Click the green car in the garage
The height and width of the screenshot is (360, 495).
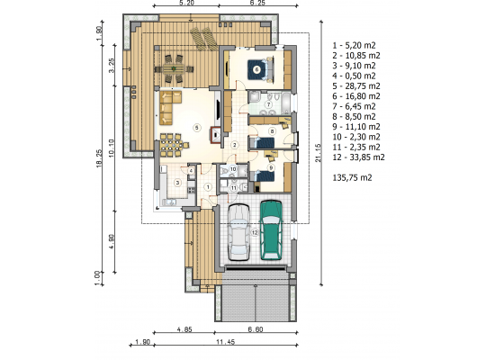(271, 229)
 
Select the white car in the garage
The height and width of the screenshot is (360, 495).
(238, 232)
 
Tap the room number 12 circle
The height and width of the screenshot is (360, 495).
(255, 233)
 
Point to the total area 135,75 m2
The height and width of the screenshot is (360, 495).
(352, 177)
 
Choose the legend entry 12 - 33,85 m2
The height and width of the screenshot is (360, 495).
(358, 157)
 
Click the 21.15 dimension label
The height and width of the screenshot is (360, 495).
(318, 153)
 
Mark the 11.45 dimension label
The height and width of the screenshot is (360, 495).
(226, 342)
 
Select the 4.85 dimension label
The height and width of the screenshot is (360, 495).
(184, 329)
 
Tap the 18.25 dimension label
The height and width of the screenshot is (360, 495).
(99, 157)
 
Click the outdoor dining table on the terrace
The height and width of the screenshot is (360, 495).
(174, 68)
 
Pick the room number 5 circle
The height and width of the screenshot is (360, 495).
(197, 128)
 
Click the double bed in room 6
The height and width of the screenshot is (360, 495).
(260, 69)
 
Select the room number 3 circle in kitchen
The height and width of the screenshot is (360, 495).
(177, 183)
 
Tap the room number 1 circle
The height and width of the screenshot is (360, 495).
(208, 187)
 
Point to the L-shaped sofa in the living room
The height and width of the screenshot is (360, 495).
(168, 107)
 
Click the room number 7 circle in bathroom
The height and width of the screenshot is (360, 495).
(269, 104)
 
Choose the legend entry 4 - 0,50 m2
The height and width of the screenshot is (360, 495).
(355, 76)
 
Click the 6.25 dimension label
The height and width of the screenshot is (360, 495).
(257, 3)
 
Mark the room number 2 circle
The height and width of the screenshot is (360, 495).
(234, 145)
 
